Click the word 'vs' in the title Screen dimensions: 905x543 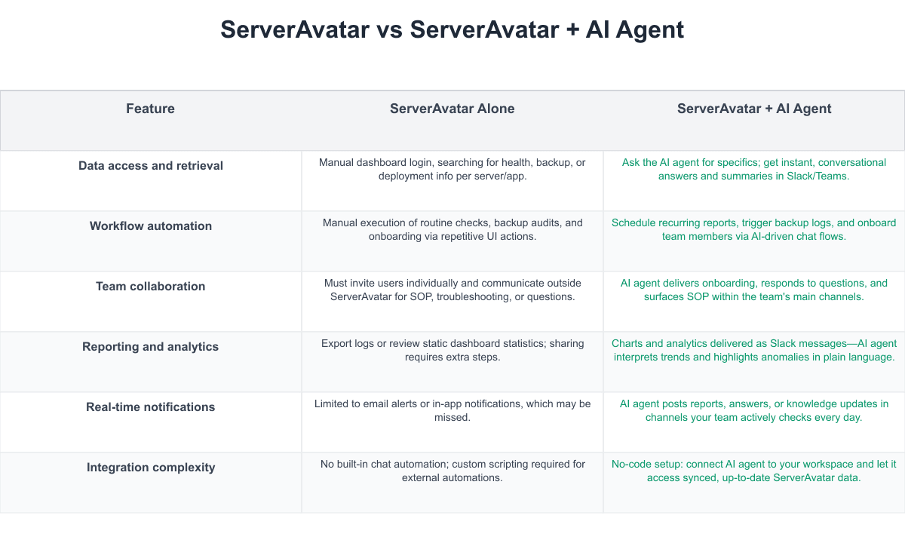point(389,30)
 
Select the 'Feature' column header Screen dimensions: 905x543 point(150,109)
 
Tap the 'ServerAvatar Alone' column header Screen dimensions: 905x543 point(452,109)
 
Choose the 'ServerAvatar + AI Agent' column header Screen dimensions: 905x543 point(754,109)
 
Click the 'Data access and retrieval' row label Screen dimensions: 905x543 point(151,166)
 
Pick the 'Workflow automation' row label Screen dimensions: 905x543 point(151,225)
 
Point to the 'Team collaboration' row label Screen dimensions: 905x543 point(150,286)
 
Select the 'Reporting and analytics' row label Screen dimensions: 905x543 point(150,347)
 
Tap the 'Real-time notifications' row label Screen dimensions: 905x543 point(150,406)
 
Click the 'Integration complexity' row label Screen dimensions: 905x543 point(151,468)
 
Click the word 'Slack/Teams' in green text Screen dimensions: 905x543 point(818,176)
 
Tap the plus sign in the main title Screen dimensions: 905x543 point(572,31)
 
